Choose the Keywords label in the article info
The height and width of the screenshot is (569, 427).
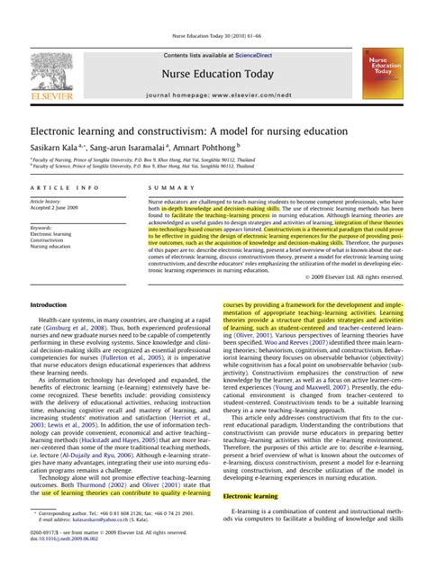pyautogui.click(x=45, y=228)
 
